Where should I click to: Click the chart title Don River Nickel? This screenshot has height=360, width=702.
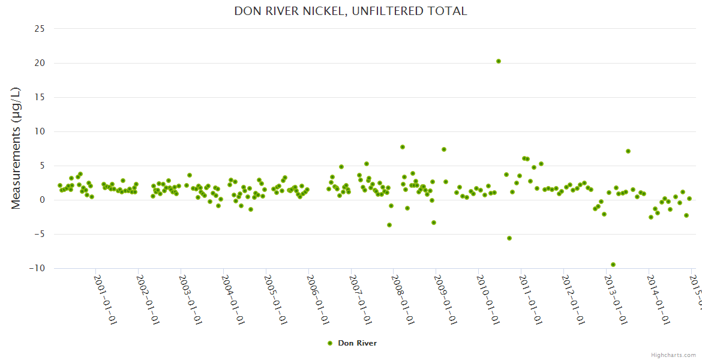pyautogui.click(x=350, y=11)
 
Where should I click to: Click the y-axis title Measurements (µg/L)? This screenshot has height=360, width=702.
pyautogui.click(x=16, y=148)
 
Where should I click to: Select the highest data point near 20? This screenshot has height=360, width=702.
pyautogui.click(x=499, y=61)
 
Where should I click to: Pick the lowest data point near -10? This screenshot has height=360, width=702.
pyautogui.click(x=613, y=265)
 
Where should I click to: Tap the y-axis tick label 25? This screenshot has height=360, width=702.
pyautogui.click(x=40, y=29)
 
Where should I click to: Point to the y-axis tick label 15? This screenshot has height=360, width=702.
pyautogui.click(x=40, y=97)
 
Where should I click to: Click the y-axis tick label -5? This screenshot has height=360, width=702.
pyautogui.click(x=39, y=234)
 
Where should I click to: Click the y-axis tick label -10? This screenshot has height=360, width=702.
pyautogui.click(x=37, y=268)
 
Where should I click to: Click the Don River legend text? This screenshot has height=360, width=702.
pyautogui.click(x=357, y=343)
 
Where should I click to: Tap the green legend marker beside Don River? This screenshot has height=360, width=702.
pyautogui.click(x=329, y=343)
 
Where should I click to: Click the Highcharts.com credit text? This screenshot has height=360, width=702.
pyautogui.click(x=673, y=355)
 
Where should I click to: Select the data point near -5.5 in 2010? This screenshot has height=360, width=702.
pyautogui.click(x=509, y=238)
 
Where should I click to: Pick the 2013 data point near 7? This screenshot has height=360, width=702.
pyautogui.click(x=628, y=151)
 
